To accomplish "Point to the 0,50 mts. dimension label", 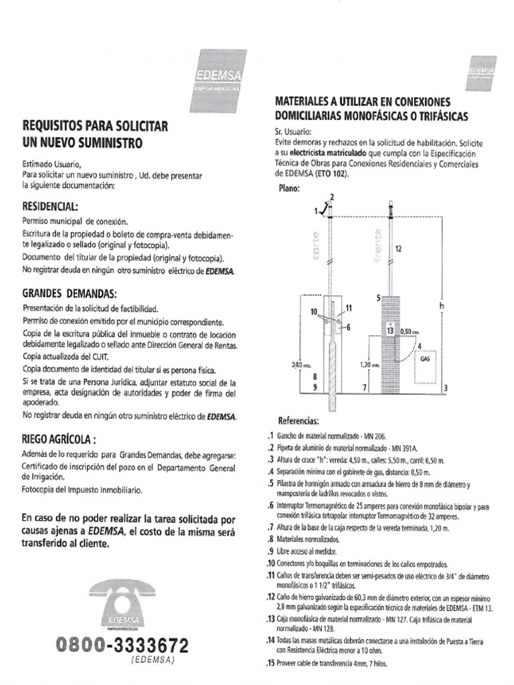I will [408, 331].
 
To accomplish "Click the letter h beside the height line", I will [442, 305].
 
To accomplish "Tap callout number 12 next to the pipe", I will [399, 249].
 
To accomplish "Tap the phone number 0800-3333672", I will [122, 646].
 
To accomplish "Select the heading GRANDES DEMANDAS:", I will [70, 294].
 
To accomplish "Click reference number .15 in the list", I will [271, 664].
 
